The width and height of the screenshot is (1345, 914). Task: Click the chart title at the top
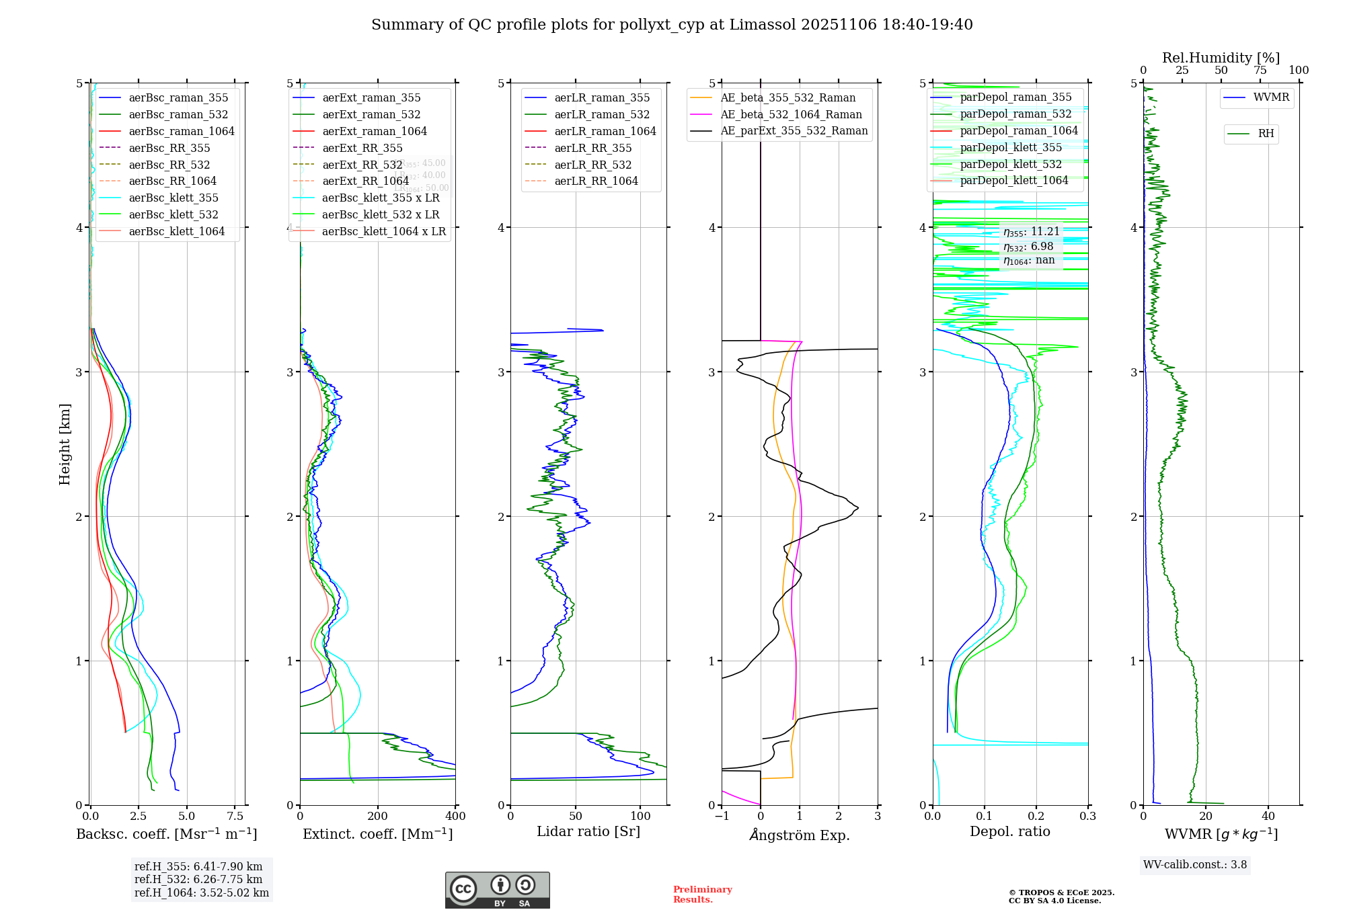(x=672, y=25)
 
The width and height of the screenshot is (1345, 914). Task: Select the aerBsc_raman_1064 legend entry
(x=182, y=131)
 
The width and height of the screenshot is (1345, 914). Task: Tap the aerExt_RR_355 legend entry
(x=362, y=148)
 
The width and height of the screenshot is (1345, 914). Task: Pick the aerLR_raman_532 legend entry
(x=602, y=114)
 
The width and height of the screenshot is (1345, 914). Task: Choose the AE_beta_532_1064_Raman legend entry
(x=791, y=114)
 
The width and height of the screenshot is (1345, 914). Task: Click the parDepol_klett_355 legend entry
(x=1011, y=147)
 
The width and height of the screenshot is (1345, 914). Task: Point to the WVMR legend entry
(x=1271, y=97)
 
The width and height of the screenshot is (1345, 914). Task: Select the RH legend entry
(x=1266, y=134)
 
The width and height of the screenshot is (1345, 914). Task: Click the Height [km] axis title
(x=65, y=444)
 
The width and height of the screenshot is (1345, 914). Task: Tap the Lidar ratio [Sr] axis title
(x=588, y=831)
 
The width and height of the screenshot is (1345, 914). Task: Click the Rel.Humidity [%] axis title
(x=1221, y=58)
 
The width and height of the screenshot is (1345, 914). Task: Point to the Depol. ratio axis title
(x=1009, y=831)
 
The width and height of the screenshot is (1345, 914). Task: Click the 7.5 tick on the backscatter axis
(x=235, y=816)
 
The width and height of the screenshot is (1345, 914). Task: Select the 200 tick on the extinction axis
(x=378, y=816)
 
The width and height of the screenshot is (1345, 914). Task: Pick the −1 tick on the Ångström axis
(x=722, y=816)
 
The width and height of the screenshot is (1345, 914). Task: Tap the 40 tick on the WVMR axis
(x=1268, y=816)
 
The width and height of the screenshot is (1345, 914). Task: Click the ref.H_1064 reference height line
(x=202, y=892)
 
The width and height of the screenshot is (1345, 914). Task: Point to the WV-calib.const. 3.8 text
(x=1195, y=864)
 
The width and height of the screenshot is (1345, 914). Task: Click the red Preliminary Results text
(x=702, y=895)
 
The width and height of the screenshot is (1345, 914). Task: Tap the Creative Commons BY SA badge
(x=497, y=890)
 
